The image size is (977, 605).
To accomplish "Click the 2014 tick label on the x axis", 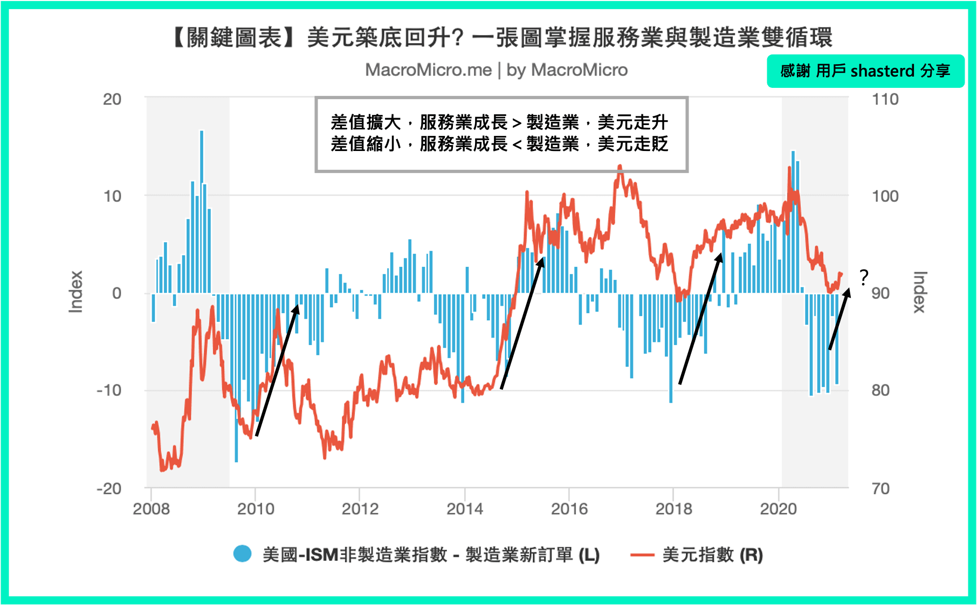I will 464,508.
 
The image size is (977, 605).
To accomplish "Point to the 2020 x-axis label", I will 778,508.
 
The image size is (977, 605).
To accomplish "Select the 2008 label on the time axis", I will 151,508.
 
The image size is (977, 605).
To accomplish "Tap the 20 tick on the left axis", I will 112,99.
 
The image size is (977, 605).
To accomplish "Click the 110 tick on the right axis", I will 885,99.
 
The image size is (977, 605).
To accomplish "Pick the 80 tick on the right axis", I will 880,390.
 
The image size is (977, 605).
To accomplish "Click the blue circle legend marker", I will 242,554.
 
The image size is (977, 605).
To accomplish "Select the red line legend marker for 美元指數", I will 642,554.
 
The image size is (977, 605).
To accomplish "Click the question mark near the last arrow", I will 864,278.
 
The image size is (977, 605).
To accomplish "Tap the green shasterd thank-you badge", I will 865,71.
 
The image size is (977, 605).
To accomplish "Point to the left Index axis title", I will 76,292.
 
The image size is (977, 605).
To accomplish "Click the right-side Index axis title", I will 919,292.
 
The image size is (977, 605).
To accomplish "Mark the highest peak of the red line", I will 620,167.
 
